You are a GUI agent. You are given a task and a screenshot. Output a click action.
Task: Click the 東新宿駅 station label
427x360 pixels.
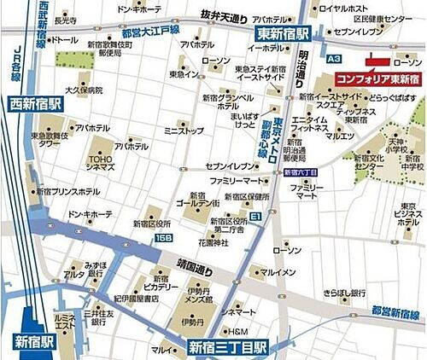coord(288,32)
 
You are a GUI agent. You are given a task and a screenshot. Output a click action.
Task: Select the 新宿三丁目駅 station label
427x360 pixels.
coord(228,347)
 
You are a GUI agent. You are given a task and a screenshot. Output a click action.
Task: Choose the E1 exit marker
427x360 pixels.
coord(255,217)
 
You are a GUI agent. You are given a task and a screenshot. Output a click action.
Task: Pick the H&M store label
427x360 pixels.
coord(237,331)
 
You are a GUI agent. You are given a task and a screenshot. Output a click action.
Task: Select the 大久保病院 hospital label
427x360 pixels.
coord(84,90)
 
